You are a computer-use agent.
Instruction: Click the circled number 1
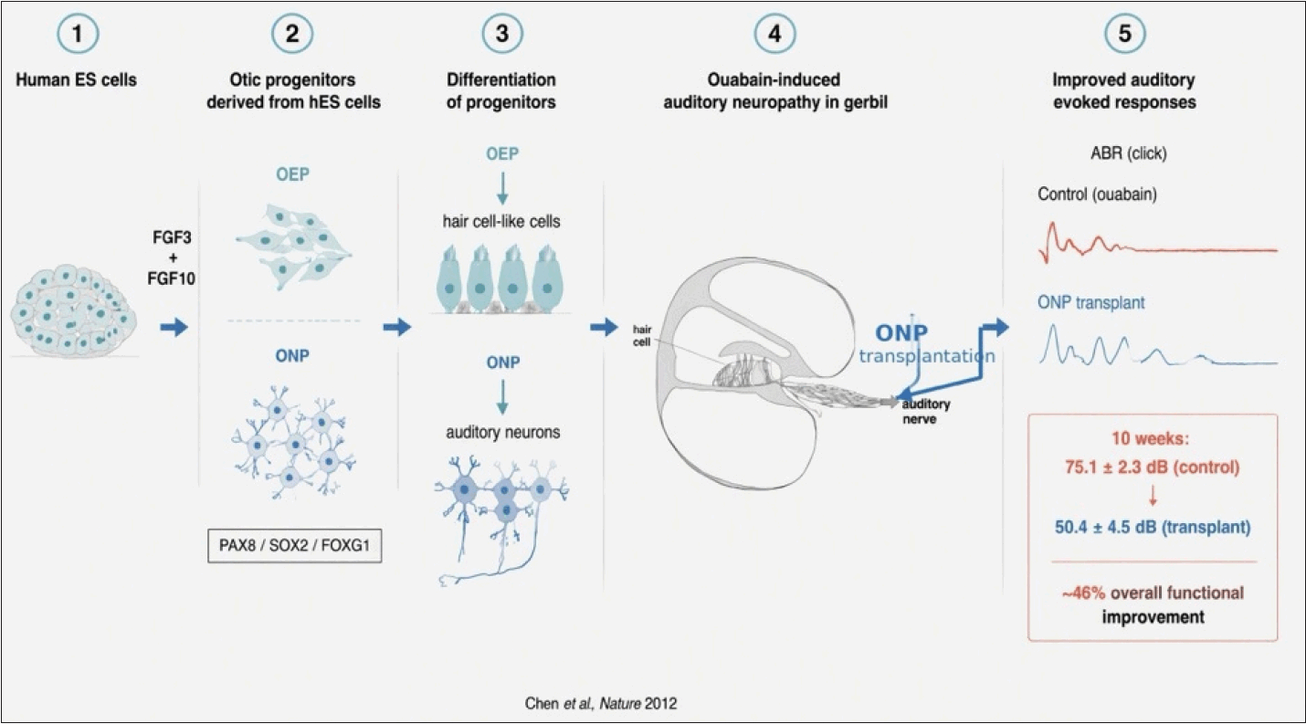tap(78, 33)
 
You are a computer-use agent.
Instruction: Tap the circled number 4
tap(774, 33)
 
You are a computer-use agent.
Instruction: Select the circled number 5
tap(1124, 33)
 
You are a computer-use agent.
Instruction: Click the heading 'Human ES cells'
tap(77, 79)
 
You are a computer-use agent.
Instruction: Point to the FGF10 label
tap(172, 278)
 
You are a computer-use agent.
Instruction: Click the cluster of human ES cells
tap(73, 310)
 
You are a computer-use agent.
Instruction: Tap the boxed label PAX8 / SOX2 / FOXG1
tap(294, 546)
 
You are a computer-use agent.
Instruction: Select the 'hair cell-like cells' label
tap(501, 222)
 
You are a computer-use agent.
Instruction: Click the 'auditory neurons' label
tap(502, 433)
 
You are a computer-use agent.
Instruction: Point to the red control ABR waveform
tap(1157, 243)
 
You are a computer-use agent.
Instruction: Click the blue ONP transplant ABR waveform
tap(1157, 346)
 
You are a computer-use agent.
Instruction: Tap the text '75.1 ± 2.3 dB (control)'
tap(1152, 467)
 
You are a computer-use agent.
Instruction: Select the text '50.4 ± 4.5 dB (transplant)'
tap(1153, 528)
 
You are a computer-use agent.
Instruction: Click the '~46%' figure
tap(1083, 593)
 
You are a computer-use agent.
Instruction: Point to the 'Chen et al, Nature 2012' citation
tap(601, 704)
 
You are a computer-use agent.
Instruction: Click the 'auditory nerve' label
tap(926, 412)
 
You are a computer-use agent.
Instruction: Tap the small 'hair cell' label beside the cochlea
tap(642, 336)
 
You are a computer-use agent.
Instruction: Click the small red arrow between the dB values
tap(1153, 496)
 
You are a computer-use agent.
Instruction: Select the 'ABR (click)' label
tap(1129, 154)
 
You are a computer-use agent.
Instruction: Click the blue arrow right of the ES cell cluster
tap(174, 327)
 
